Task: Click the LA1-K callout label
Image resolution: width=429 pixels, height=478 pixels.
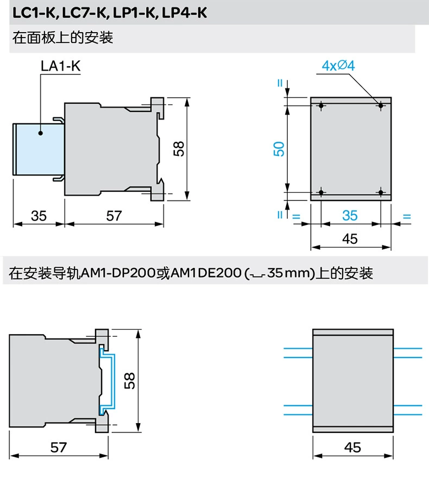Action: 61,66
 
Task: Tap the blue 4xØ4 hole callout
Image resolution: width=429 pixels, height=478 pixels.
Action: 338,66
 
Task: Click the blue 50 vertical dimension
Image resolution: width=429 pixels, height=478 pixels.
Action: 279,149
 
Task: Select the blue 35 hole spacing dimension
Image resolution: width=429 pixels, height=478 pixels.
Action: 350,216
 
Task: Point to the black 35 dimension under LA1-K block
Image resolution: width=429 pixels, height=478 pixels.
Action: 39,216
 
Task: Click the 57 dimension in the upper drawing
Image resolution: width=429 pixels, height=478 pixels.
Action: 114,216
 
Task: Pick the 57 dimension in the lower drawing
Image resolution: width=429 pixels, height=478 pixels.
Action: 58,448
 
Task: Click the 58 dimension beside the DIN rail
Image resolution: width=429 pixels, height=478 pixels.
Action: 129,380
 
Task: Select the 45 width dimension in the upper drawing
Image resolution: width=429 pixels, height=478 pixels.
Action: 350,239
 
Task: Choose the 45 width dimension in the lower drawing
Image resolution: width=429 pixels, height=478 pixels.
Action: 352,448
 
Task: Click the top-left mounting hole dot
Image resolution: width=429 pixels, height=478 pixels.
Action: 321,106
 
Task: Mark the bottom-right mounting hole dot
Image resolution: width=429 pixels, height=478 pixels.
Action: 381,192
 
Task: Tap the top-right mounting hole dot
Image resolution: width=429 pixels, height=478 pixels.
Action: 381,106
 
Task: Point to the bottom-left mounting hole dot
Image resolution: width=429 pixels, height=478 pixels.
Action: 321,192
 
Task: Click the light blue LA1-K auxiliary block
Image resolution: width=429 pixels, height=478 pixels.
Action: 39,149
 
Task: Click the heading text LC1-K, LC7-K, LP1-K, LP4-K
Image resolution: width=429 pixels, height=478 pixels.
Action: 110,13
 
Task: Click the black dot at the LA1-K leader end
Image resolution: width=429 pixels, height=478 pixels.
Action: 41,133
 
